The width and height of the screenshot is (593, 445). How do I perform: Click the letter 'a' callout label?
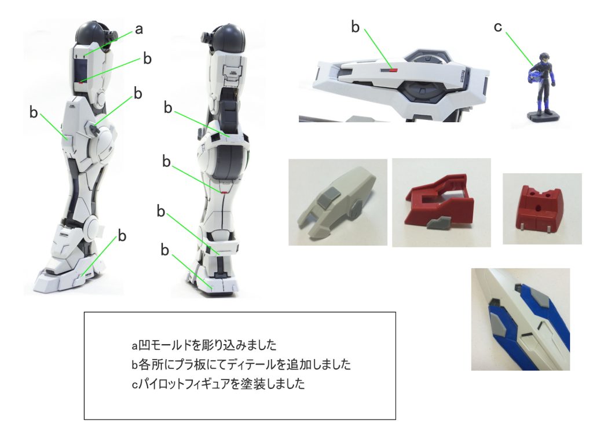pyautogui.click(x=139, y=29)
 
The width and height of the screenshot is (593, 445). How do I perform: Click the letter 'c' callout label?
pyautogui.click(x=498, y=27)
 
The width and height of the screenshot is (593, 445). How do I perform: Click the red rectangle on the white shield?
pyautogui.click(x=393, y=70)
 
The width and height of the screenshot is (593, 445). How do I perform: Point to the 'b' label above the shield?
pyautogui.click(x=355, y=27)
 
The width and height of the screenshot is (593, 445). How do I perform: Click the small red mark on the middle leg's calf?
pyautogui.click(x=225, y=192)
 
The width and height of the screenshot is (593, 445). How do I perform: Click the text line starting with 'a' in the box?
pyautogui.click(x=204, y=345)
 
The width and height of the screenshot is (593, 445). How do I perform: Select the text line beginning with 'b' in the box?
pyautogui.click(x=241, y=364)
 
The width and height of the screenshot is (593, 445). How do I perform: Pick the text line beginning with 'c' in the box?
pyautogui.click(x=218, y=384)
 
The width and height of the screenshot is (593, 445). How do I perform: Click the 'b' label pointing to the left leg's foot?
pyautogui.click(x=122, y=236)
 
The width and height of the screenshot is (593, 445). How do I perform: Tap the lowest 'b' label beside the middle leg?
pyautogui.click(x=164, y=250)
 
